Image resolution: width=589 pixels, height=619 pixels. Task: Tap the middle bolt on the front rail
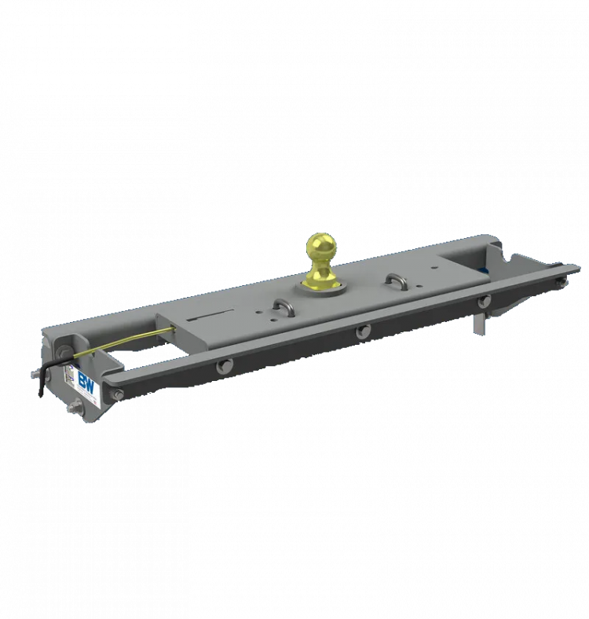click(362, 332)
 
